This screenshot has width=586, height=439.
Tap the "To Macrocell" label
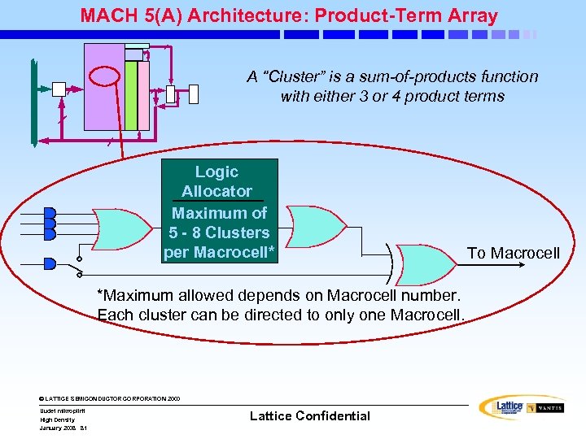513,253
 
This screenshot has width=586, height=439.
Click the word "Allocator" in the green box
216,191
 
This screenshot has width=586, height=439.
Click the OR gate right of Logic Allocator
317,225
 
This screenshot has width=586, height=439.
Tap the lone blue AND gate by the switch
50,263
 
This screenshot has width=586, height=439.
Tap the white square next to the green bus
59,89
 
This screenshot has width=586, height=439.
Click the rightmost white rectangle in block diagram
193,93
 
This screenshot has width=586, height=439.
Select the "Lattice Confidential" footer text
309,416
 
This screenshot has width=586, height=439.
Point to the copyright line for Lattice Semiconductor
111,398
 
